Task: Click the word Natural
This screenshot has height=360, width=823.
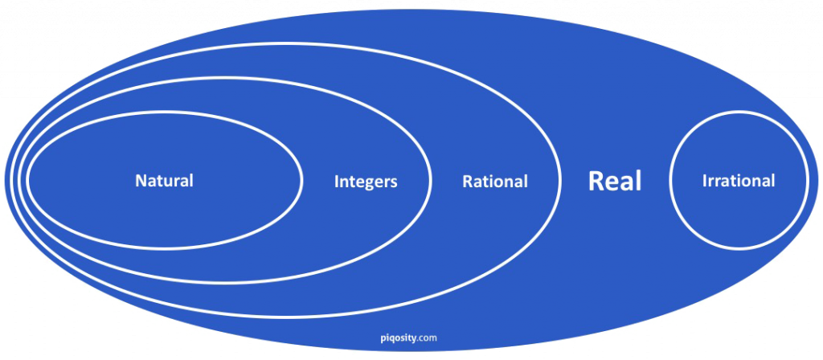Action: click(164, 181)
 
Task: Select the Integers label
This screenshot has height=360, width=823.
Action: click(366, 182)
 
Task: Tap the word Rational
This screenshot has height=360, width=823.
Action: click(495, 182)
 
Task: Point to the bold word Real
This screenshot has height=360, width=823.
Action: click(615, 181)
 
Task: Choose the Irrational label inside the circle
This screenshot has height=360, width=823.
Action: click(739, 181)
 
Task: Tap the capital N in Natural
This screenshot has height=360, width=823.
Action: click(141, 181)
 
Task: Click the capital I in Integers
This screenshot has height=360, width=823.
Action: click(337, 182)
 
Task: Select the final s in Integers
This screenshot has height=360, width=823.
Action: click(394, 182)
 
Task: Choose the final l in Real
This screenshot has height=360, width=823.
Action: click(639, 180)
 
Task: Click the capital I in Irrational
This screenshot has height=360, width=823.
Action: click(704, 181)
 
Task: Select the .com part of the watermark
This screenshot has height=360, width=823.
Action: click(427, 338)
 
